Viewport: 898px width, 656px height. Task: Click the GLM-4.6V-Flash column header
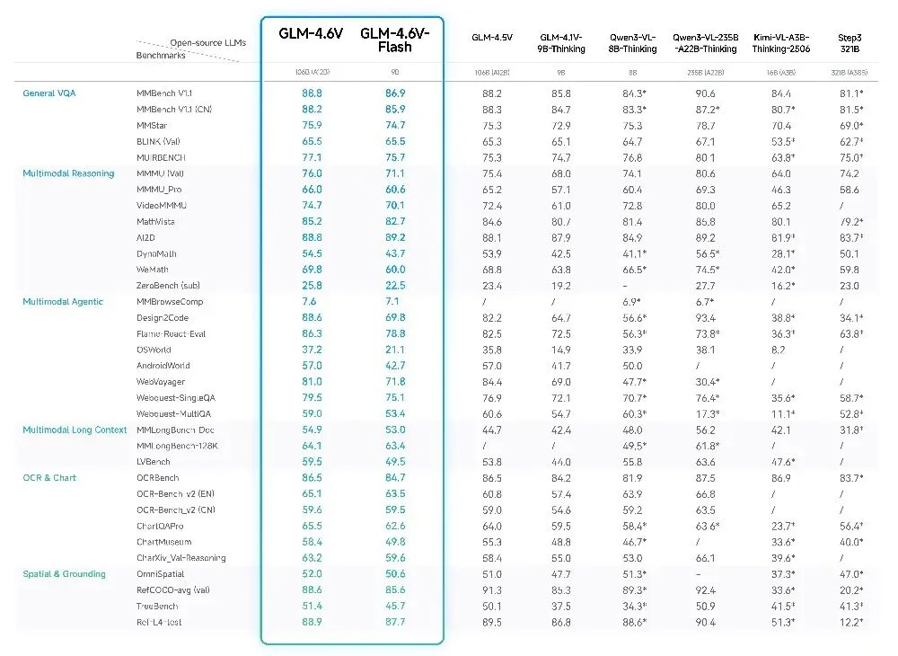(x=395, y=40)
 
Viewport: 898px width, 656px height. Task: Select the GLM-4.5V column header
(x=492, y=37)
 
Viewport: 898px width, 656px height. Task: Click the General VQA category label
(x=48, y=93)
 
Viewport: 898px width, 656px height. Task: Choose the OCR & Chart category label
(x=49, y=478)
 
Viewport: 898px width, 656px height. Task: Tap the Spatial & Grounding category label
(x=64, y=574)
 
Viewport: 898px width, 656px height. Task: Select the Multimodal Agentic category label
(x=63, y=302)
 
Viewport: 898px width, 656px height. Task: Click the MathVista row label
(x=155, y=222)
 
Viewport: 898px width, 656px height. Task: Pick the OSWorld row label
(x=154, y=350)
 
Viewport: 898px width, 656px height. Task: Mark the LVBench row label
(x=153, y=462)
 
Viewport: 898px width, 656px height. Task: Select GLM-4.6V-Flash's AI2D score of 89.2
(x=395, y=238)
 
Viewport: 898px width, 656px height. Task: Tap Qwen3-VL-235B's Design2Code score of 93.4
(x=705, y=318)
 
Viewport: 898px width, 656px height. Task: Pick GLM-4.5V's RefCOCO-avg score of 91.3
(x=492, y=590)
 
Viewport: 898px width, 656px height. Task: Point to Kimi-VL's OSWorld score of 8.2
(x=778, y=350)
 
